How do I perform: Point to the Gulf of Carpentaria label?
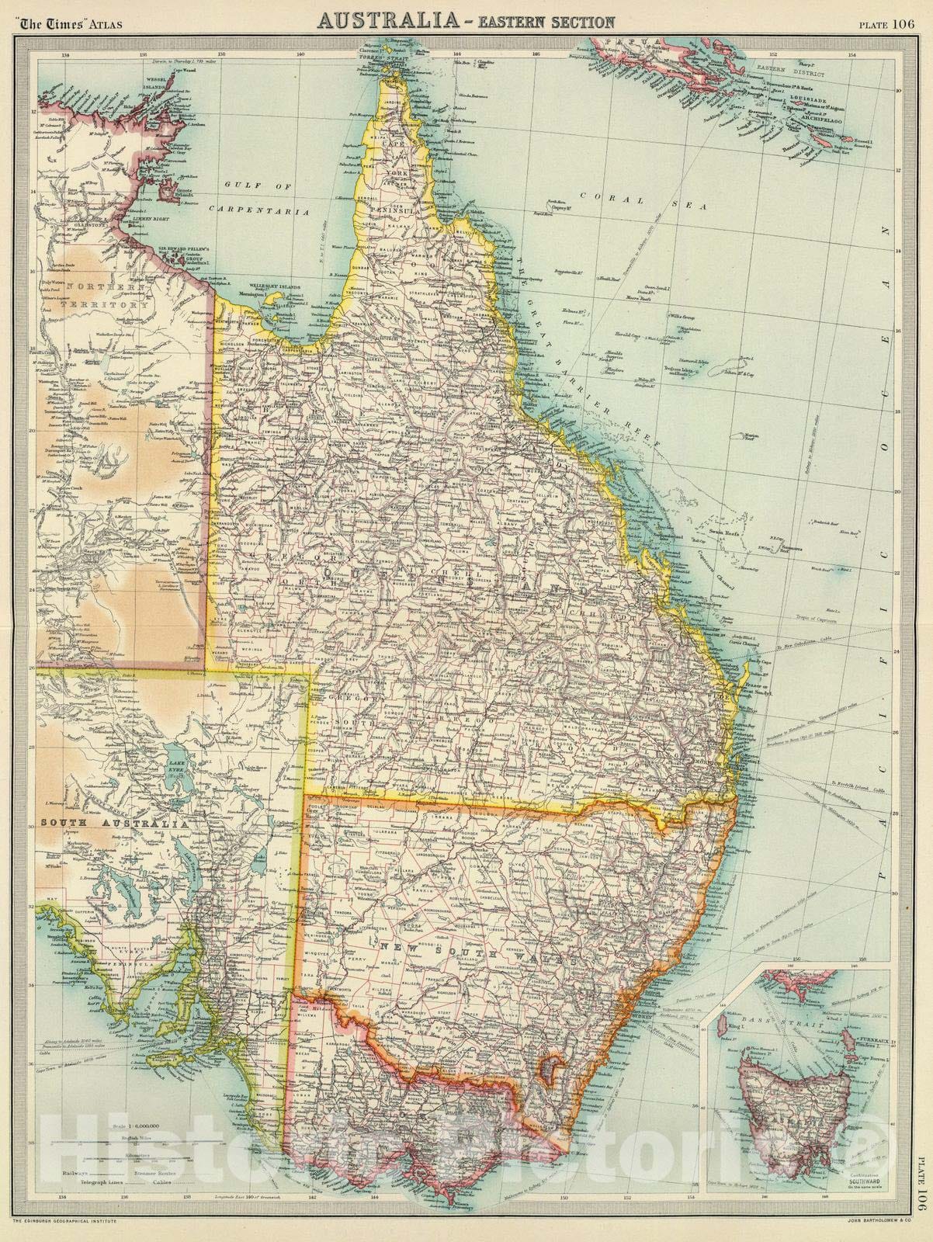point(256,197)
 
